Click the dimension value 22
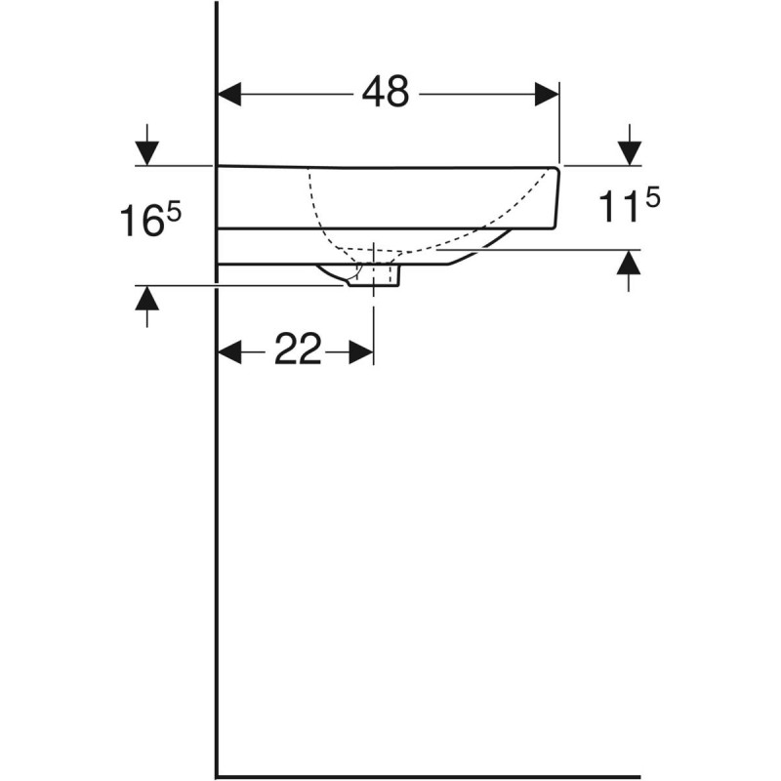297,349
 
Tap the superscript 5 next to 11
651,197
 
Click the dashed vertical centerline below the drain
374,312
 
